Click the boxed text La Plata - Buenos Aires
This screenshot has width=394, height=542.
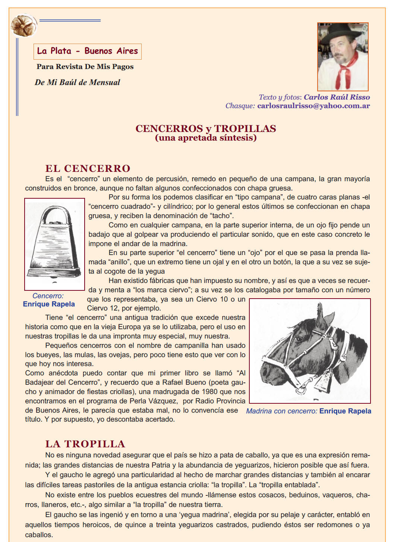tap(88, 51)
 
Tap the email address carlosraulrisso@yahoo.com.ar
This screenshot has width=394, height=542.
tap(313, 106)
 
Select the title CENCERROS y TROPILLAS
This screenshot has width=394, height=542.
tap(206, 129)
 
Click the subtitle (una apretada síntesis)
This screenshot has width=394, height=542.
tap(206, 138)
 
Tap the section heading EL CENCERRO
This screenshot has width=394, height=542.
tap(88, 168)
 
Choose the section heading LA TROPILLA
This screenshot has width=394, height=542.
tap(85, 444)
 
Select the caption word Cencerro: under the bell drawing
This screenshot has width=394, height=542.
tap(48, 296)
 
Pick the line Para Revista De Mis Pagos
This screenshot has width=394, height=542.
tap(85, 67)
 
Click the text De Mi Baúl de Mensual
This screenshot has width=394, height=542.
tap(78, 82)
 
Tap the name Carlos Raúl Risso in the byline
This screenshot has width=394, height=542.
tap(337, 97)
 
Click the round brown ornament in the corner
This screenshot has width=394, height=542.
tap(23, 25)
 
